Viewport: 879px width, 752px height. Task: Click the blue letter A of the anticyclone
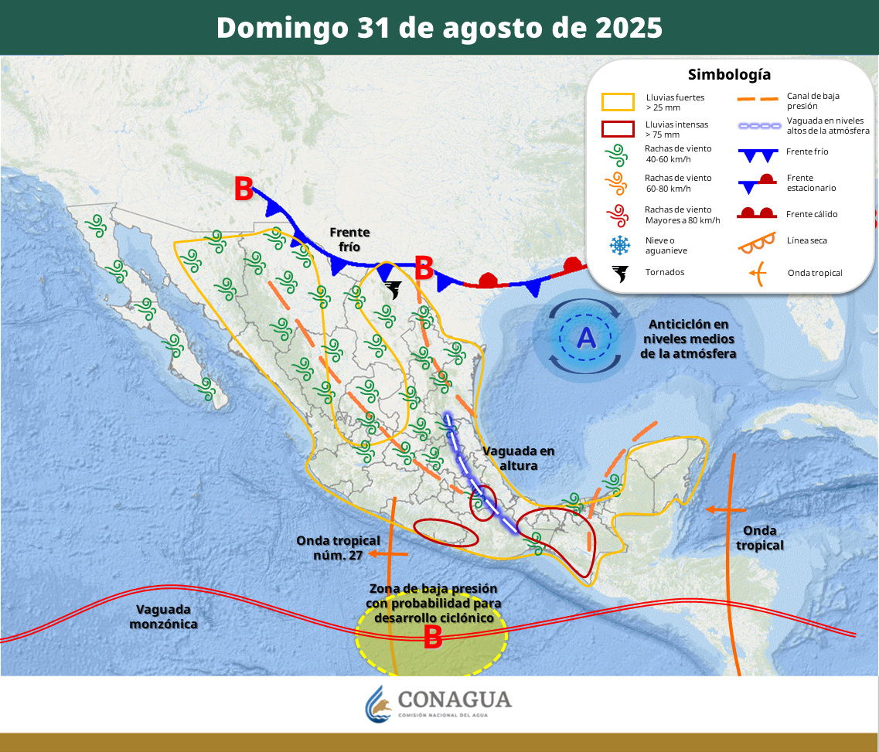click(586, 338)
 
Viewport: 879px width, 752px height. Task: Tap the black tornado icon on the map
click(393, 290)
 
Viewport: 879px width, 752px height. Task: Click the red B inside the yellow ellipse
click(432, 637)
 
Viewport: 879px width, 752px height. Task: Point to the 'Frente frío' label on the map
click(349, 239)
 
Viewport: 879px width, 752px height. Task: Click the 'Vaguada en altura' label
click(518, 458)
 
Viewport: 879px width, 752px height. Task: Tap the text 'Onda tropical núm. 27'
click(338, 547)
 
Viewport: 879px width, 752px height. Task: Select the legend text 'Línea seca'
click(807, 240)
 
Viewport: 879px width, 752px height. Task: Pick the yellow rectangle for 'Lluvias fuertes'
click(618, 102)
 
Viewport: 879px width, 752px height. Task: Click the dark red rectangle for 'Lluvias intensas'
click(618, 128)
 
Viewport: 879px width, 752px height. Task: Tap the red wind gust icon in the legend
click(618, 214)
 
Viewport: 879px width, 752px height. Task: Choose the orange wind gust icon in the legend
click(618, 183)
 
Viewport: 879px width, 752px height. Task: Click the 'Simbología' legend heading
click(729, 74)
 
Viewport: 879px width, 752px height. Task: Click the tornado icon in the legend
click(619, 273)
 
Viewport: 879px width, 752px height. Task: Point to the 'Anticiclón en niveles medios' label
click(688, 339)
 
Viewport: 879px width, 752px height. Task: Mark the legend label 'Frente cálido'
click(812, 214)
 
